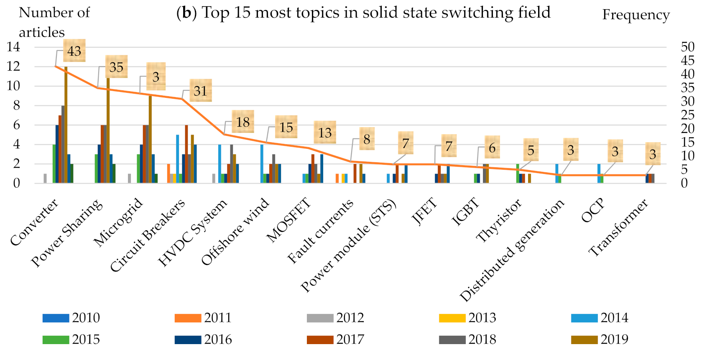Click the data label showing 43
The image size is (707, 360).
coord(74,51)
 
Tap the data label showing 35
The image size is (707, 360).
coord(116,66)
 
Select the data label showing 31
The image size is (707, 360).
coord(200,91)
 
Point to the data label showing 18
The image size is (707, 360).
coord(243,122)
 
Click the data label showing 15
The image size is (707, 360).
coord(286,127)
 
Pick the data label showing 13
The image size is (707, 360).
coord(325,132)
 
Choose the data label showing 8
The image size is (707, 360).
coord(367,139)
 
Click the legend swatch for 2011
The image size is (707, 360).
coord(188,318)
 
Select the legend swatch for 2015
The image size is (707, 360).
coord(56,340)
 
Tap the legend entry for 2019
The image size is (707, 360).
coord(600,340)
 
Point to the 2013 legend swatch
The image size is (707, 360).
coord(452,318)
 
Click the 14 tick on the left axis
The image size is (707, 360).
coord(13,47)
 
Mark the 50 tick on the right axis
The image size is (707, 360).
coord(688,47)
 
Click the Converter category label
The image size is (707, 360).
coord(34,222)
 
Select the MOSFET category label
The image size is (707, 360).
coord(289,220)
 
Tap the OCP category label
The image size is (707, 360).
coord(593,210)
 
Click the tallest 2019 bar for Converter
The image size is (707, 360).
coord(66,125)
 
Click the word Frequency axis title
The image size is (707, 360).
coord(636,15)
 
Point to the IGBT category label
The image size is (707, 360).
coord(465,212)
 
